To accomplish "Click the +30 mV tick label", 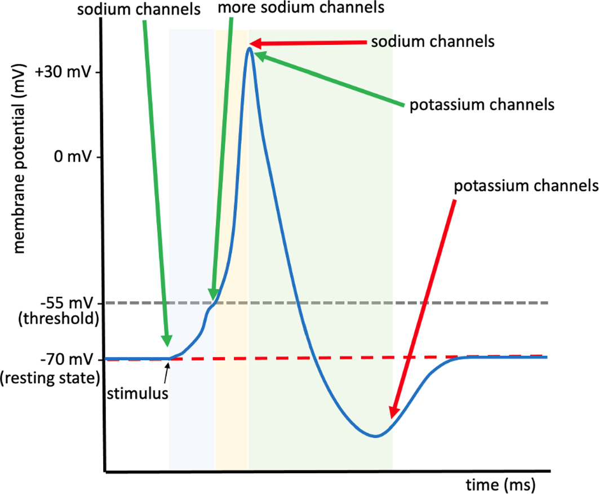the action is pyautogui.click(x=63, y=72).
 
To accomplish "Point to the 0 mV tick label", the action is pyautogui.click(x=73, y=156).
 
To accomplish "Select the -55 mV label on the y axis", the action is pyautogui.click(x=66, y=303).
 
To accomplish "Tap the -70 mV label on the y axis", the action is pyautogui.click(x=66, y=359).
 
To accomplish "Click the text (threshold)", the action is pyautogui.click(x=59, y=318).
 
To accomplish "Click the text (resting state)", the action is pyautogui.click(x=50, y=378).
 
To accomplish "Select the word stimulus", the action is pyautogui.click(x=137, y=394).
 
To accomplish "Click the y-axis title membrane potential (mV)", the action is pyautogui.click(x=19, y=158).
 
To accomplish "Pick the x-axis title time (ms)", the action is pyautogui.click(x=500, y=485).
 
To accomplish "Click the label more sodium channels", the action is pyautogui.click(x=301, y=8).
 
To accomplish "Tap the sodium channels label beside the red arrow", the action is pyautogui.click(x=433, y=41).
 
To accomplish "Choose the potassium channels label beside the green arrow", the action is pyautogui.click(x=482, y=105).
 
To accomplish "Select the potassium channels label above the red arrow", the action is pyautogui.click(x=526, y=186).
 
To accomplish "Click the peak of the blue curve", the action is pyautogui.click(x=250, y=48).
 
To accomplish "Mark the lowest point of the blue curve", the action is pyautogui.click(x=376, y=435).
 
